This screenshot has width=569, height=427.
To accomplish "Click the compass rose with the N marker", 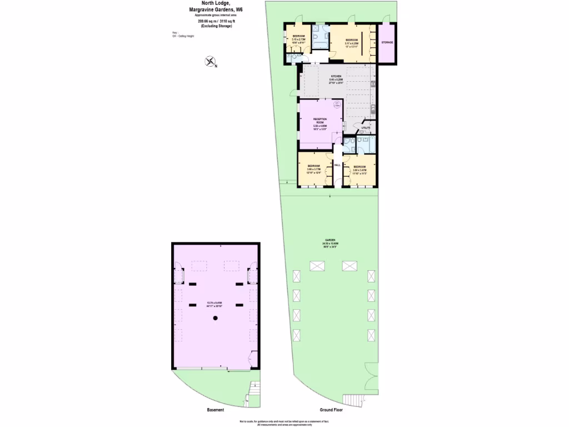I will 211,62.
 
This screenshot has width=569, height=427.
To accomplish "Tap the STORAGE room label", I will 387,42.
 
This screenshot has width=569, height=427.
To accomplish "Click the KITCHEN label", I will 337,76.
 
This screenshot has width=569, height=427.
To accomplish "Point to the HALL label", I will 337,165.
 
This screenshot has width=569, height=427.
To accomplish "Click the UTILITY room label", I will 365,128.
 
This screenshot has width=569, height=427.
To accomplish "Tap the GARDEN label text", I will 330,240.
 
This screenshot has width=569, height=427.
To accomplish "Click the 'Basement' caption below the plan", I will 215,410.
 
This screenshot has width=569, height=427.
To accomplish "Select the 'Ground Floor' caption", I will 331,410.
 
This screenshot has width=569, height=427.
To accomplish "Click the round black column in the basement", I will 216,317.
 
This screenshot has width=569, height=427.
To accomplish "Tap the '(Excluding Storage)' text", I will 214,26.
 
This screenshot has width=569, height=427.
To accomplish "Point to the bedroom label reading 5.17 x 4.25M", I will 352,41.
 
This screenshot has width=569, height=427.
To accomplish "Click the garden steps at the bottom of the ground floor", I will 352,400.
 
